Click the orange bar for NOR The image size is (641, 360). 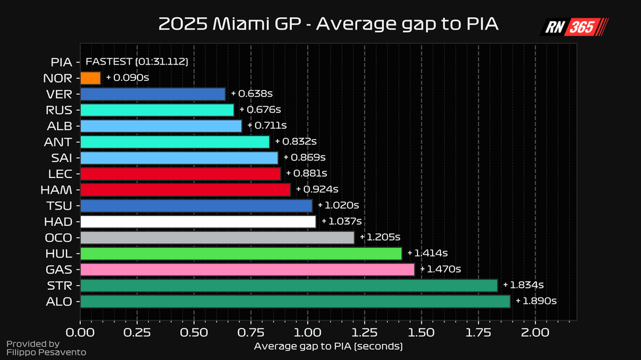(x=90, y=78)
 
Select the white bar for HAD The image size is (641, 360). (x=198, y=221)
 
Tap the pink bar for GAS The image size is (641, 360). (x=247, y=269)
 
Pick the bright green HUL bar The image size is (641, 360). (x=241, y=254)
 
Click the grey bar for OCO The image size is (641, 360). (x=217, y=238)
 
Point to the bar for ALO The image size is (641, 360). (x=295, y=302)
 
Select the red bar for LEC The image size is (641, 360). (x=180, y=174)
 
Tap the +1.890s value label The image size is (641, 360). (x=536, y=302)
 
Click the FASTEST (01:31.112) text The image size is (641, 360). (x=137, y=62)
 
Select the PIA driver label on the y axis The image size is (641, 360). (x=62, y=62)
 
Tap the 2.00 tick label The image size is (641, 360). (x=535, y=333)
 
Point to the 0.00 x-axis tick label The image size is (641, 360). (x=80, y=333)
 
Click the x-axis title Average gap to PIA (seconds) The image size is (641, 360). (x=327, y=346)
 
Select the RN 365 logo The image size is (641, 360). (x=574, y=28)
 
